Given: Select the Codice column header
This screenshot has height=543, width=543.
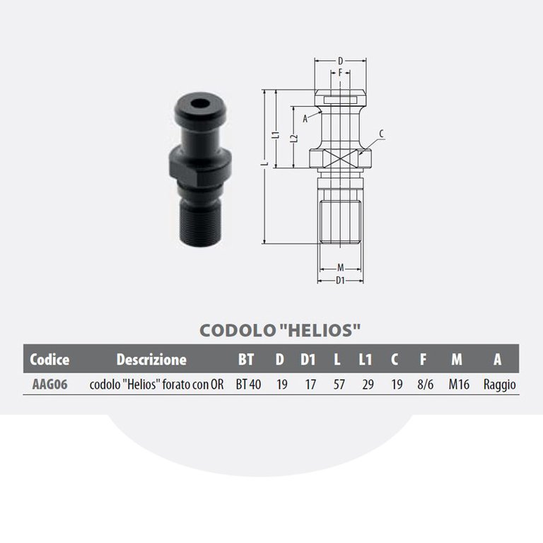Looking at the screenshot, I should point(49,359).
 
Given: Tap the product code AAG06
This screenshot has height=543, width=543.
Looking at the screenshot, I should point(45,385).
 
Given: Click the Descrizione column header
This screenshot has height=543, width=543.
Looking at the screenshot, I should point(151,359).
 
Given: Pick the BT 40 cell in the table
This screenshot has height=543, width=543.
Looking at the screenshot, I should point(249,385).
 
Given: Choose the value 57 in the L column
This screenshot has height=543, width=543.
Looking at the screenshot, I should point(337,385).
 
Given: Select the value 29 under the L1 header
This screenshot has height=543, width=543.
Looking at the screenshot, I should point(365,385).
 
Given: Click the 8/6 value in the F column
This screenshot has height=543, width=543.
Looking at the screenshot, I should point(426,385).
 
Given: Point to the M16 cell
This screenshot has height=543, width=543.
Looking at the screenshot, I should point(457,385).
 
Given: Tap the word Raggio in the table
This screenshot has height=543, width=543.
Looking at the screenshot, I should point(500,385).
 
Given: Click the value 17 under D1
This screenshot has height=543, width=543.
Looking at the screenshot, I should point(308,385).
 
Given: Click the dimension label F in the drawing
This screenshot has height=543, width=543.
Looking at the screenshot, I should point(340,72).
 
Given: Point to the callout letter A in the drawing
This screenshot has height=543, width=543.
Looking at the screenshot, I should point(305,119).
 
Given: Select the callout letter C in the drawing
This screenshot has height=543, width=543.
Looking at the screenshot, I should point(381,134).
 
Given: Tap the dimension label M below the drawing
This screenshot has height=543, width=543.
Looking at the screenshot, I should point(340,267).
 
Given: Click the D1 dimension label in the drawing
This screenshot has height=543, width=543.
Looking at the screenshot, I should point(340,280).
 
